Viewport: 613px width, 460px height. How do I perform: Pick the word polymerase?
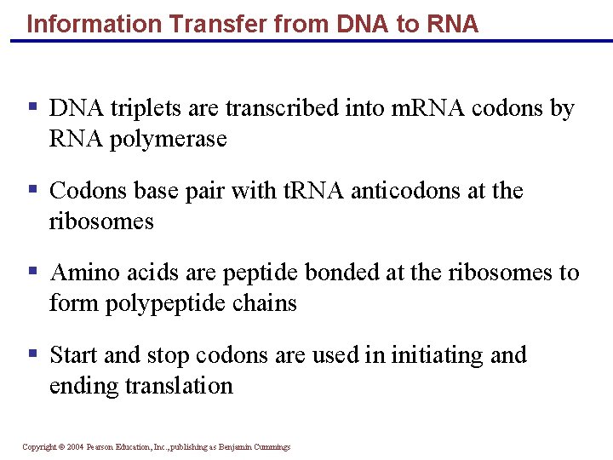[x=169, y=139]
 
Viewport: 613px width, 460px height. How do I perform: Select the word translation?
[x=179, y=385]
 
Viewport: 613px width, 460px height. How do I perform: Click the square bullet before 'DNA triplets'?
[x=32, y=107]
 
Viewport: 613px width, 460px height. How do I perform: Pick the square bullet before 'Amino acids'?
[x=32, y=272]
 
